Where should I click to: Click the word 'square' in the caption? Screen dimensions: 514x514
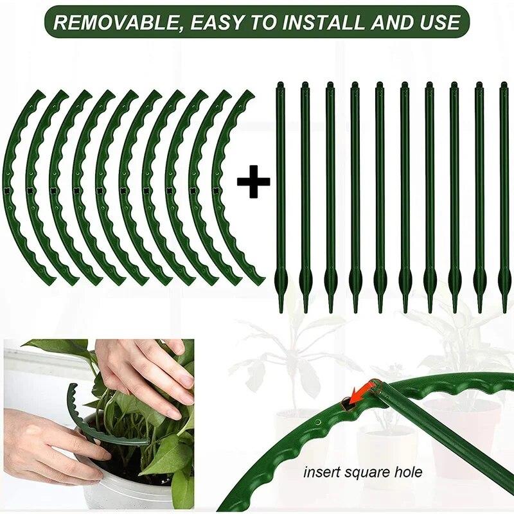point(366,473)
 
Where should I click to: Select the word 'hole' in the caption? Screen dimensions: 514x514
point(407,473)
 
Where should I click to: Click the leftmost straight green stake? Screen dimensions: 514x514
point(280,193)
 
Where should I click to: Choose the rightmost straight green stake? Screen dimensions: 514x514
point(503,193)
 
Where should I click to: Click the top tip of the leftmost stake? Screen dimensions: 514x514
point(280,84)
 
